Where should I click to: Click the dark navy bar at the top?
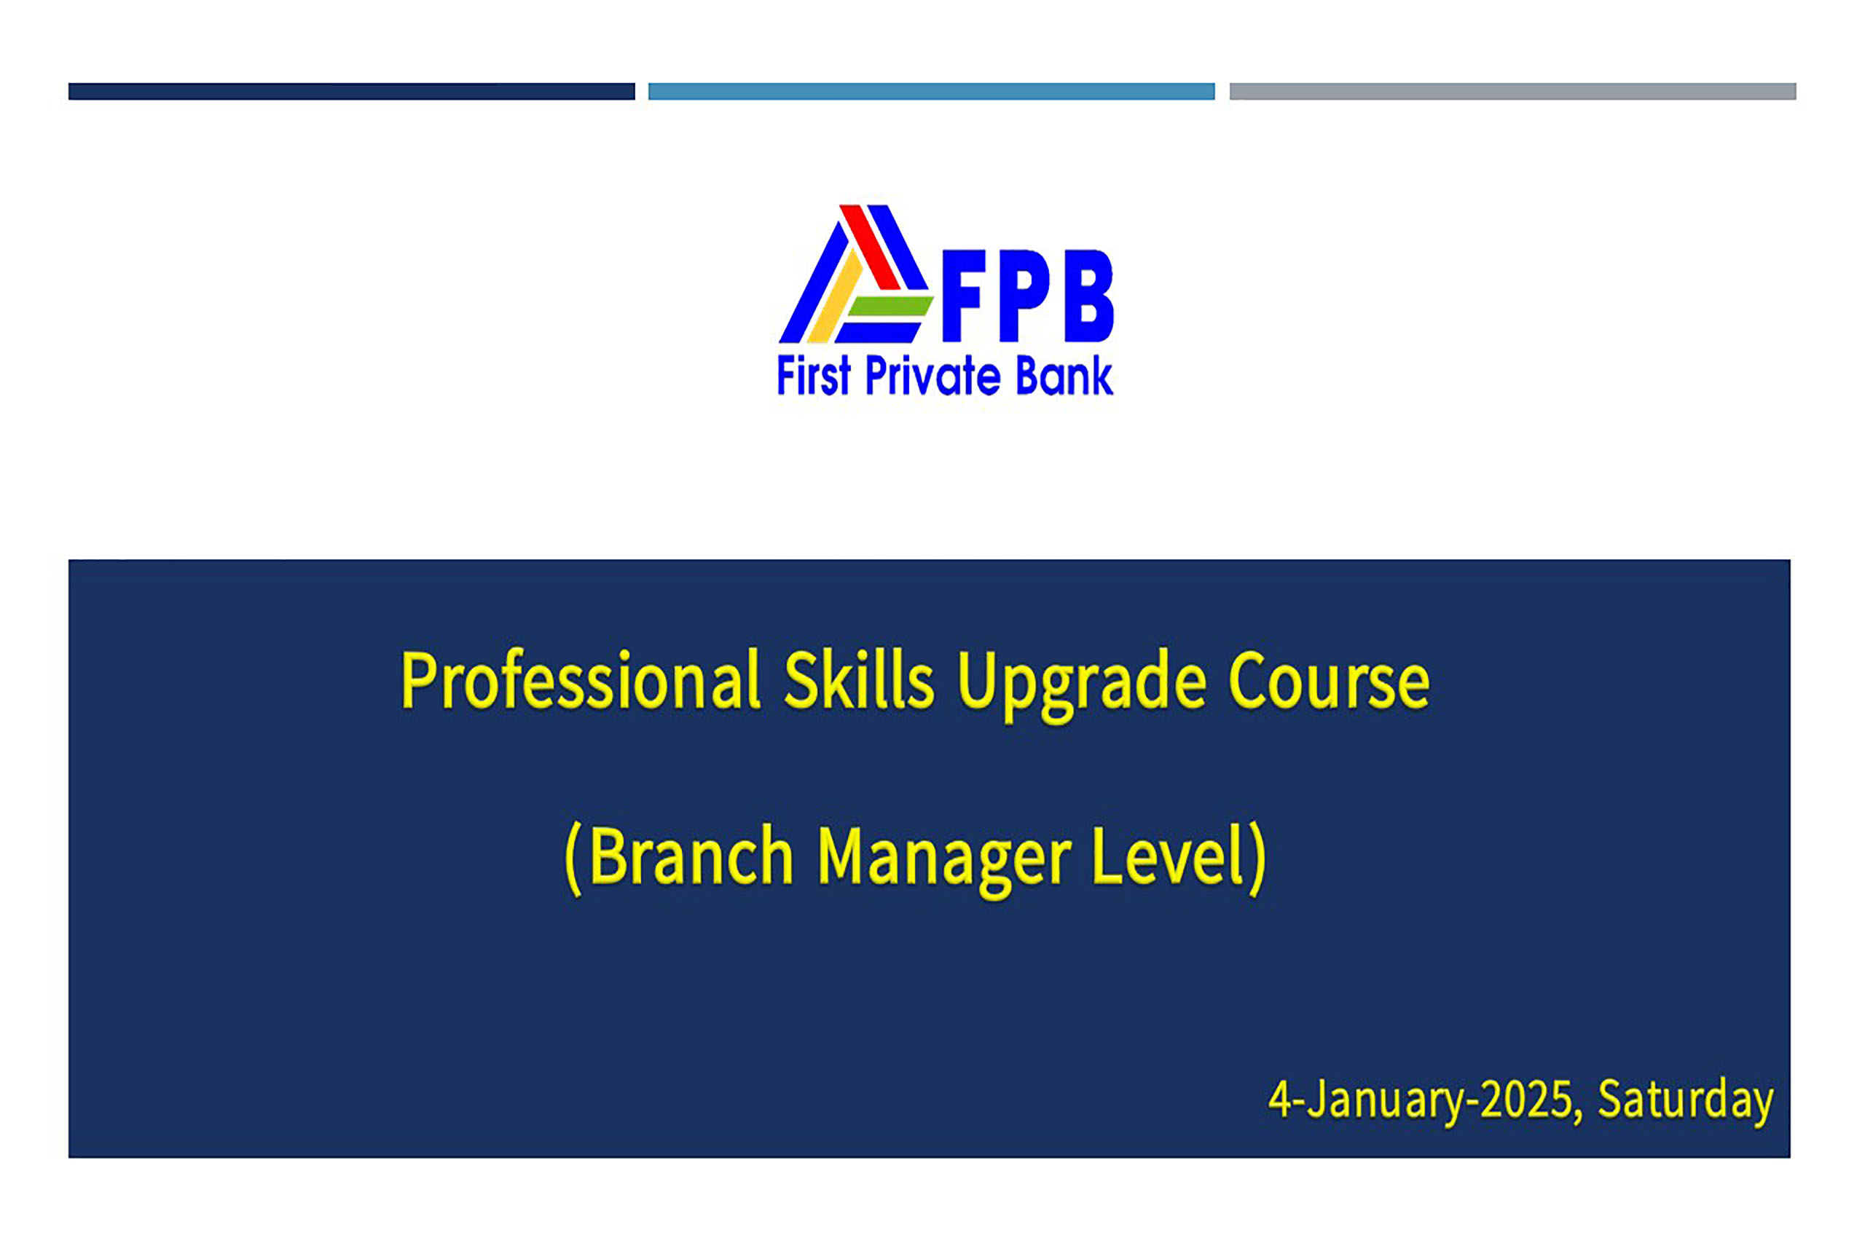tap(351, 91)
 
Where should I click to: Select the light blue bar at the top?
tap(931, 91)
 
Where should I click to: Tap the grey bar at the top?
tap(1512, 91)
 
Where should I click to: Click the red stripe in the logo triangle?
tap(870, 247)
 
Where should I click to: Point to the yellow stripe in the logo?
tap(834, 296)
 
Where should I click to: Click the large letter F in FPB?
tap(962, 296)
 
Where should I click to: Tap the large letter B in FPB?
tap(1088, 296)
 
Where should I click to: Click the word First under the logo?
tap(814, 375)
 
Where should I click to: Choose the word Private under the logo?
tap(932, 375)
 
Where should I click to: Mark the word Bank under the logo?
tap(1064, 375)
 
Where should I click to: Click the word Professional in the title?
tap(581, 680)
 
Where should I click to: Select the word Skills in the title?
tap(859, 679)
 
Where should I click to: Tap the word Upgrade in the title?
tap(1083, 684)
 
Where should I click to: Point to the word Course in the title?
tap(1329, 680)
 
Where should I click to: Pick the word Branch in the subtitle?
tap(691, 856)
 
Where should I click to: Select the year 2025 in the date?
tap(1526, 1100)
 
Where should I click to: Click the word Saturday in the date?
tap(1685, 1102)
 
